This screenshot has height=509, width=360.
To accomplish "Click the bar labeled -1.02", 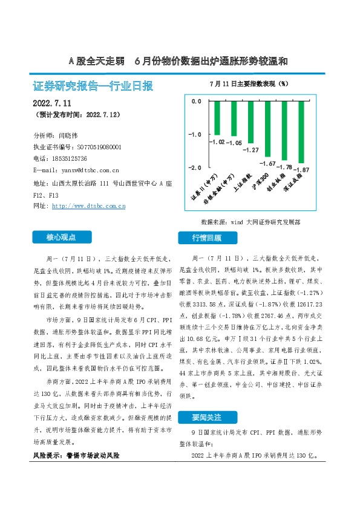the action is click(217, 118).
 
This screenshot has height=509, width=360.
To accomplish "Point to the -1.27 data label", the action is click(250, 150).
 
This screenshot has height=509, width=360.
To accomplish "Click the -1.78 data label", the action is click(283, 166).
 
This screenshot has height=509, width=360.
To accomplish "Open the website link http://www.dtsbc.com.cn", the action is click(89, 206).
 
